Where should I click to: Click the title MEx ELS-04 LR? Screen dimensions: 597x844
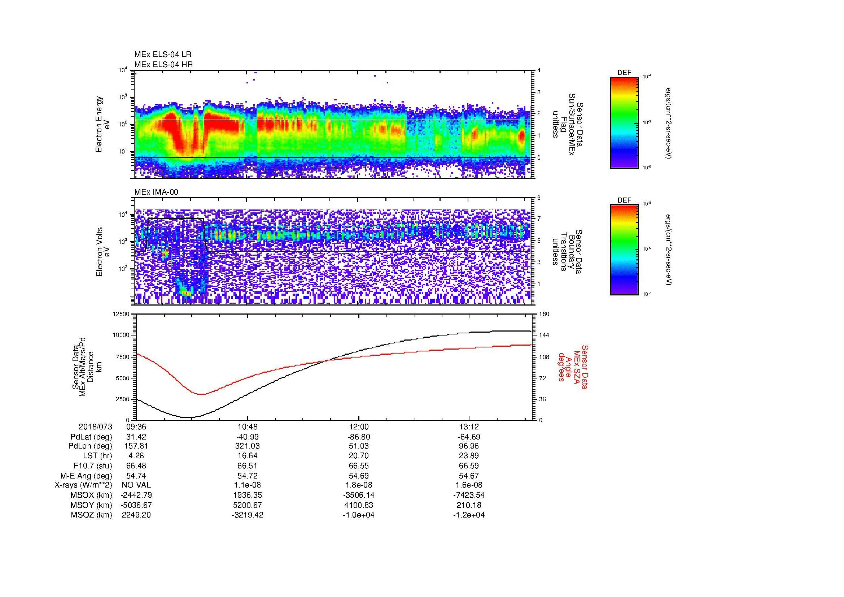coord(162,55)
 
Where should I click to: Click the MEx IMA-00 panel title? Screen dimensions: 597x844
coord(156,192)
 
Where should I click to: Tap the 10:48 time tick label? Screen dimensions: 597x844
coord(248,427)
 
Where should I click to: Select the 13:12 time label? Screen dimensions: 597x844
coord(469,427)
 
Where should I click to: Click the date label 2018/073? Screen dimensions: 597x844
coord(95,427)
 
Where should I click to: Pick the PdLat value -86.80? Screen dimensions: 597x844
coord(358,437)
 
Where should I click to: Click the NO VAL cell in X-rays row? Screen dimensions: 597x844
coord(136,485)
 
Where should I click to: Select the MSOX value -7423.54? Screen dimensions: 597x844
coord(469,495)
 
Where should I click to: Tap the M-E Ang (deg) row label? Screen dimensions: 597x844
coord(86,476)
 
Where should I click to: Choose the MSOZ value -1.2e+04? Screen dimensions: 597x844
coord(469,515)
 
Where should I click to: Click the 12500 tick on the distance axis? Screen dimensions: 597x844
coord(121,314)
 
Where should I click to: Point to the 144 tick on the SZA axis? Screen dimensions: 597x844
coord(544,335)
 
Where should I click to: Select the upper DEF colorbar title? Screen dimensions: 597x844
coord(624,73)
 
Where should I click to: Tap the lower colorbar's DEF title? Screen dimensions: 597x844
coord(624,200)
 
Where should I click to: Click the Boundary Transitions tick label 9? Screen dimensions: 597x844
coord(539,198)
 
